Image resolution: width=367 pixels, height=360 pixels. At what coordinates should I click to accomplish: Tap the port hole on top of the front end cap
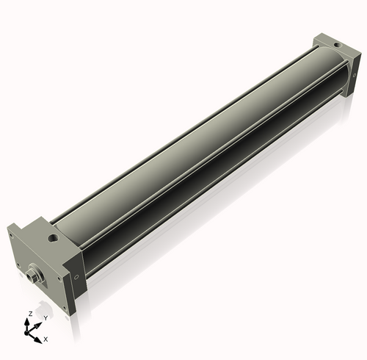click(x=52, y=238)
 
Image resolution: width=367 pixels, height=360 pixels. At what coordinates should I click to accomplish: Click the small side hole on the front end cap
click(x=76, y=277)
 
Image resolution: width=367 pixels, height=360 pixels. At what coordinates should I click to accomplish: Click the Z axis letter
click(x=29, y=314)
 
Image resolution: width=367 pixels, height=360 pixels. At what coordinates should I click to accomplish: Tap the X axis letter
click(x=46, y=339)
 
